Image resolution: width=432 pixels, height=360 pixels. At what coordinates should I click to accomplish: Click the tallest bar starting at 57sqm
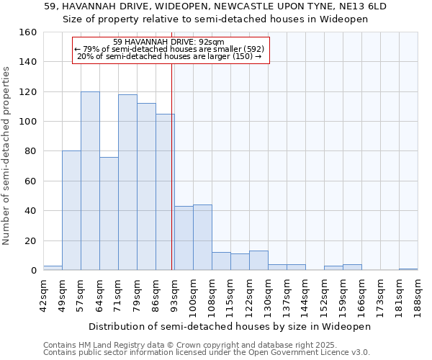pyautogui.click(x=90, y=181)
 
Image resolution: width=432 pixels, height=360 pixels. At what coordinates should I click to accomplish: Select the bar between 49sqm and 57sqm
pyautogui.click(x=71, y=210)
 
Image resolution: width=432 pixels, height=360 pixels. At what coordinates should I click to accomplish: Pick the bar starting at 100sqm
pyautogui.click(x=202, y=238)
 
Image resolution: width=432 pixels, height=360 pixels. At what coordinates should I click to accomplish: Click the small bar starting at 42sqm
pyautogui.click(x=53, y=268)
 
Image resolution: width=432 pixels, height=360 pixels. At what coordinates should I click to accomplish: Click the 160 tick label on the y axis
pyautogui.click(x=28, y=32)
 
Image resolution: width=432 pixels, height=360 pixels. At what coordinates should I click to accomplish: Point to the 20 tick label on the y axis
pyautogui.click(x=31, y=240)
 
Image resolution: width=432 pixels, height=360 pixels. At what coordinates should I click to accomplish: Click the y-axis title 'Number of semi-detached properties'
pyautogui.click(x=6, y=151)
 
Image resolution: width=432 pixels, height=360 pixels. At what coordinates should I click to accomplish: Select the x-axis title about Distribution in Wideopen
pyautogui.click(x=230, y=326)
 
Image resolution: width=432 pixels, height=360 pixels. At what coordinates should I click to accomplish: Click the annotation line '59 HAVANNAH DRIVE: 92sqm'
pyautogui.click(x=169, y=42)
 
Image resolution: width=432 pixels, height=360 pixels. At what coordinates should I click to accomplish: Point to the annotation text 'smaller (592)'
pyautogui.click(x=240, y=49)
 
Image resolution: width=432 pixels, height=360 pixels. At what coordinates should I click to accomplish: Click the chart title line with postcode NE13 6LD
pyautogui.click(x=215, y=6)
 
